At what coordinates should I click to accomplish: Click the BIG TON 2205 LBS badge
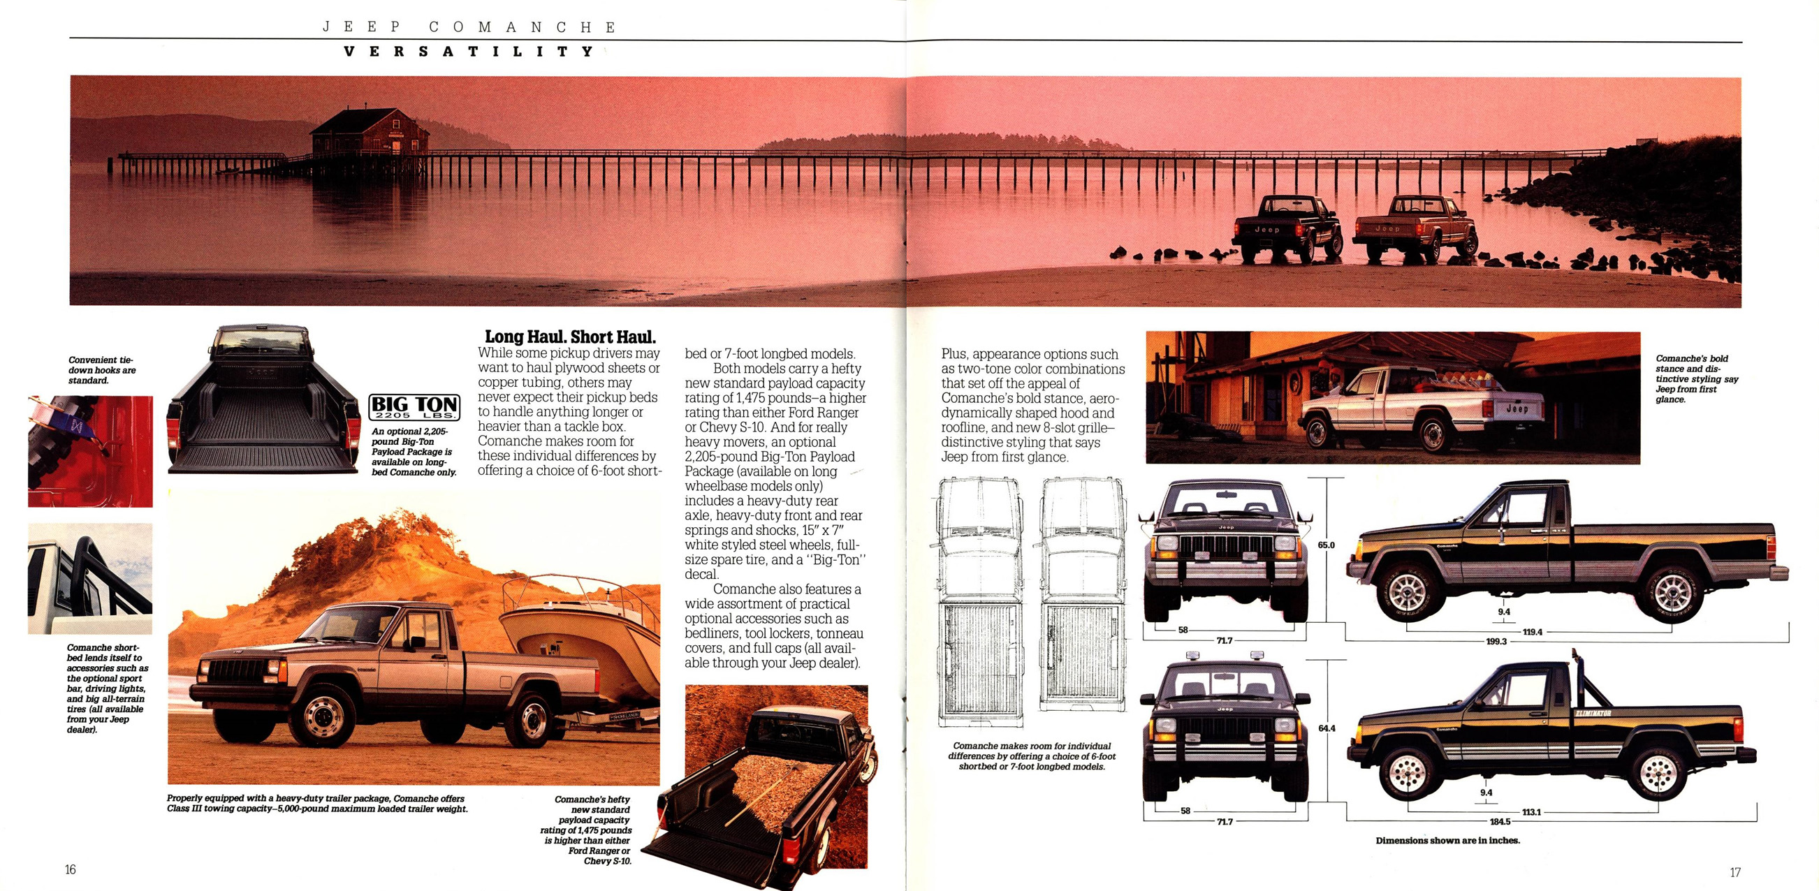(x=414, y=407)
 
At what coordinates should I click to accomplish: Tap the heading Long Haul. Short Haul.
(x=570, y=337)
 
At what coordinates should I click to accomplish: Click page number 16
(x=71, y=869)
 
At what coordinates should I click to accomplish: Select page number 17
(x=1735, y=872)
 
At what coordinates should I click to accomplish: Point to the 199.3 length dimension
(x=1496, y=641)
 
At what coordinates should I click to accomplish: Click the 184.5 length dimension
(x=1500, y=821)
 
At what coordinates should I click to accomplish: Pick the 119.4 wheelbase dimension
(x=1532, y=632)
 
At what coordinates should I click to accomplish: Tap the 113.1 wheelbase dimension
(x=1531, y=812)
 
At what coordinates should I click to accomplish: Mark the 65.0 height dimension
(x=1326, y=545)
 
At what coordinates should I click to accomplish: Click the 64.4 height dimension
(x=1326, y=728)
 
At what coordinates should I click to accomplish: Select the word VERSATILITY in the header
(x=469, y=52)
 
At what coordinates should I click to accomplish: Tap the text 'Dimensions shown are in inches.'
(x=1447, y=840)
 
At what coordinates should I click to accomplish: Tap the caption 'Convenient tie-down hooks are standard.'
(x=102, y=370)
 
